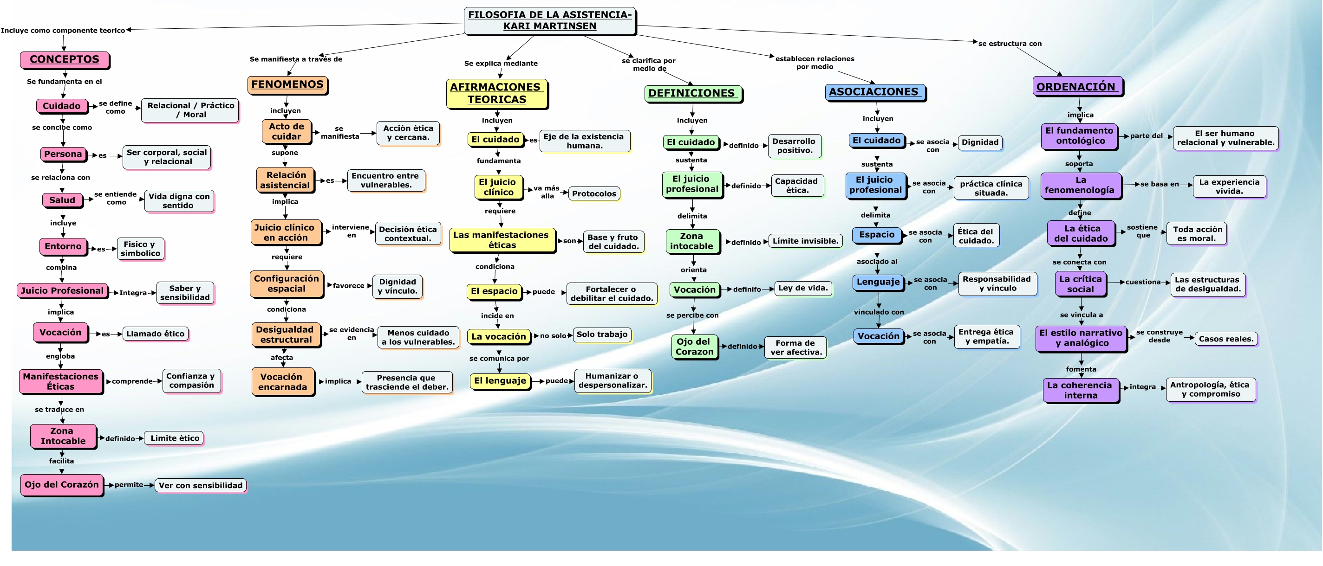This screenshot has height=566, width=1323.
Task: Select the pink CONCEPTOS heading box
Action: pos(65,59)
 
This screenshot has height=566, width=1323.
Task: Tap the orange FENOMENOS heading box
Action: pos(287,85)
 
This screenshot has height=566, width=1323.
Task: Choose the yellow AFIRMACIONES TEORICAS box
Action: pos(496,93)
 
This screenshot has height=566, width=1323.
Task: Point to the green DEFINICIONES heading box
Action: pos(693,93)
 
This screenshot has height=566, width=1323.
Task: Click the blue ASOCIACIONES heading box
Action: pos(875,92)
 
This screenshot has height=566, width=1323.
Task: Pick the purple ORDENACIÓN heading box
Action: pos(1077,86)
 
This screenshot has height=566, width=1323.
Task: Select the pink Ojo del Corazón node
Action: pos(62,484)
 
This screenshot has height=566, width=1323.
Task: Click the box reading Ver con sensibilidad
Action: pos(200,485)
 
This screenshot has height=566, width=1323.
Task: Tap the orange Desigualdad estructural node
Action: pos(286,334)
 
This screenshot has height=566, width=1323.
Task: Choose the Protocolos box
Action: pos(594,193)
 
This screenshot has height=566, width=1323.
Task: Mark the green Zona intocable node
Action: pos(692,241)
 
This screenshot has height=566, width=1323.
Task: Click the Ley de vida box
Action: pos(803,289)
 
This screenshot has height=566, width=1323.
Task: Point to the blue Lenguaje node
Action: pos(878,282)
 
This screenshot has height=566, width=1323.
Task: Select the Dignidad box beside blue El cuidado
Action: pos(980,142)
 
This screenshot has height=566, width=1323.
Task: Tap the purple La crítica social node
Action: pos(1081,284)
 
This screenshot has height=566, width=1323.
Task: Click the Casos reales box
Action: pos(1226,339)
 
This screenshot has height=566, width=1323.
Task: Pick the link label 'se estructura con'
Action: pos(1010,44)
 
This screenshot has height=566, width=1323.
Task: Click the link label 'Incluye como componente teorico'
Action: pos(63,30)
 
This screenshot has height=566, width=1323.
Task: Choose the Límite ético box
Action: pos(175,438)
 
